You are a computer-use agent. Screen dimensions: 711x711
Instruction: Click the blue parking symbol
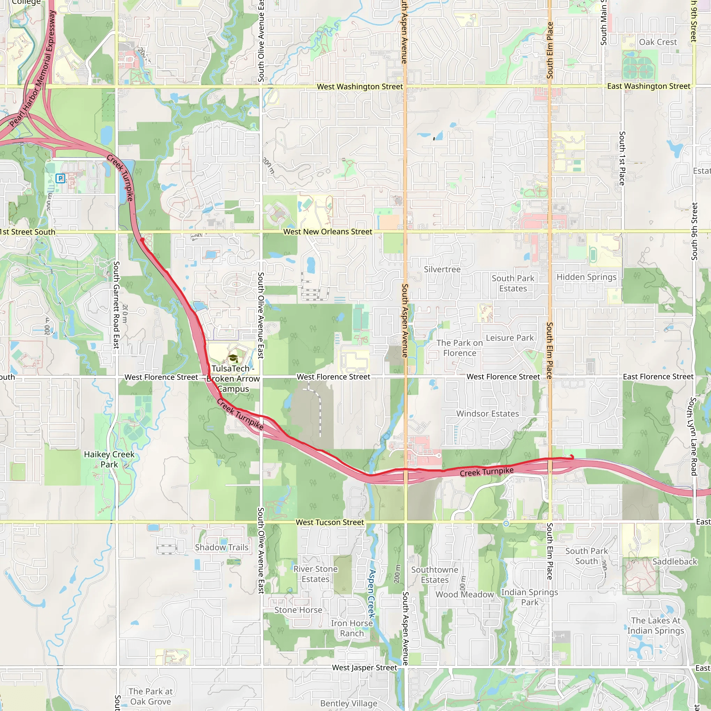60,178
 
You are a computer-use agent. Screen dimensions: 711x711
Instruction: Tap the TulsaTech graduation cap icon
233,358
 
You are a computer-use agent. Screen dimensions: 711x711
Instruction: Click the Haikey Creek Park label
109,459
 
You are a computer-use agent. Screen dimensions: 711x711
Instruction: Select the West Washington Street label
360,87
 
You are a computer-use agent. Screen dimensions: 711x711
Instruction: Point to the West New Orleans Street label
327,232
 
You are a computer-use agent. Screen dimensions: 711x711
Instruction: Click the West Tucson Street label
330,522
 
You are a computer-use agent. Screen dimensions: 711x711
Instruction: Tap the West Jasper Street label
364,668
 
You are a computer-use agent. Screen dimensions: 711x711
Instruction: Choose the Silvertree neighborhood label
442,269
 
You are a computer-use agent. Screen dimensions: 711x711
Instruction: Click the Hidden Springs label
586,277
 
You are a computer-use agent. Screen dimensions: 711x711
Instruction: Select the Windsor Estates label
488,413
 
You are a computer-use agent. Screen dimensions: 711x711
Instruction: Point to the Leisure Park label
510,338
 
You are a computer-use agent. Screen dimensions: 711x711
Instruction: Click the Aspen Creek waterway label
372,594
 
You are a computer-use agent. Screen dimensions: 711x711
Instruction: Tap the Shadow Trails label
222,547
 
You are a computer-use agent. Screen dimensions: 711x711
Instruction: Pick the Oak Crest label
658,42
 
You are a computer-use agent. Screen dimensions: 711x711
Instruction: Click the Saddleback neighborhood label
675,562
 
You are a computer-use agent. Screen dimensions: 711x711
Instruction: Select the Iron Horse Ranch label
352,628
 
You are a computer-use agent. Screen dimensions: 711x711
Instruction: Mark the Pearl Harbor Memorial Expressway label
33,69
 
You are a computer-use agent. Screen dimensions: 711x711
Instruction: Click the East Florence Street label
658,377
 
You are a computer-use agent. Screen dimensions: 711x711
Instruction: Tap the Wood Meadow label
465,595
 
